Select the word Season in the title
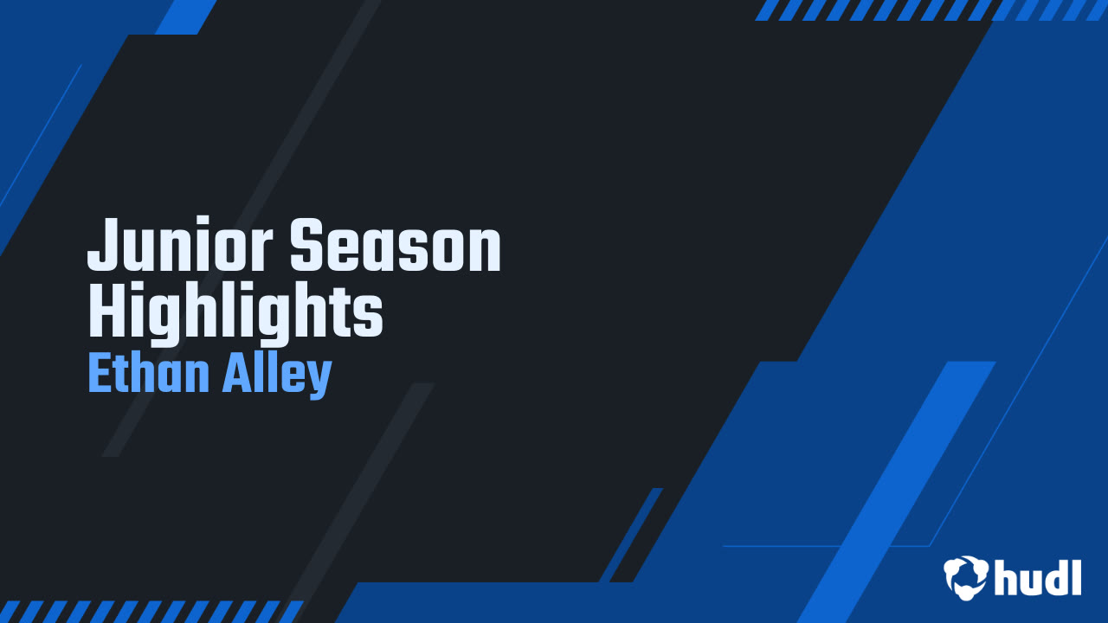[396, 247]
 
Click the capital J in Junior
[100, 247]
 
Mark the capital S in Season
[306, 247]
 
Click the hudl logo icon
[965, 576]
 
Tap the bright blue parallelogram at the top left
[186, 16]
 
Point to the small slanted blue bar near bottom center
[631, 535]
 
